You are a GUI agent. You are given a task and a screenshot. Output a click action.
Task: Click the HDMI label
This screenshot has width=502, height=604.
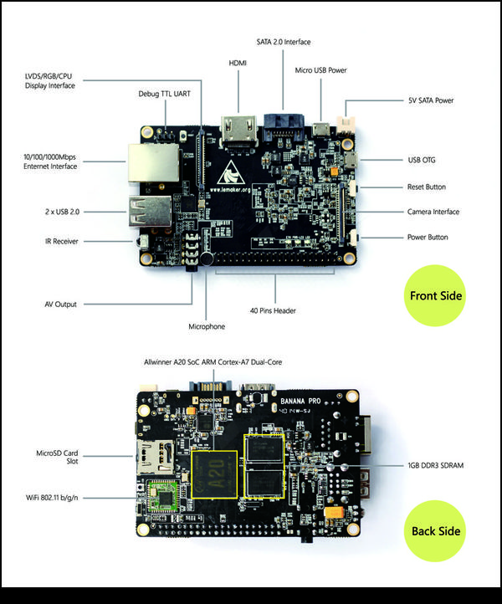pyautogui.click(x=238, y=63)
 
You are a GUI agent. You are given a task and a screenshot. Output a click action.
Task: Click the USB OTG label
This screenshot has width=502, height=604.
pyautogui.click(x=424, y=160)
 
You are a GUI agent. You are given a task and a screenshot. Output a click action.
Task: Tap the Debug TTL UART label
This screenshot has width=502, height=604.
pyautogui.click(x=164, y=94)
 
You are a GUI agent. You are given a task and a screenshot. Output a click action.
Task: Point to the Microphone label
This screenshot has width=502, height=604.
pyautogui.click(x=207, y=326)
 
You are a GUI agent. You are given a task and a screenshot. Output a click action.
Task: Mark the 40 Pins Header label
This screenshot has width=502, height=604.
pyautogui.click(x=273, y=311)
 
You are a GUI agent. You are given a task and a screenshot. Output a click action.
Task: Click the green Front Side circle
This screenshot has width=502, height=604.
pyautogui.click(x=435, y=295)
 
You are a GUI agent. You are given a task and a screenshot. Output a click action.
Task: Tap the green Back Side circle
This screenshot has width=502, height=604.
pyautogui.click(x=435, y=530)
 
